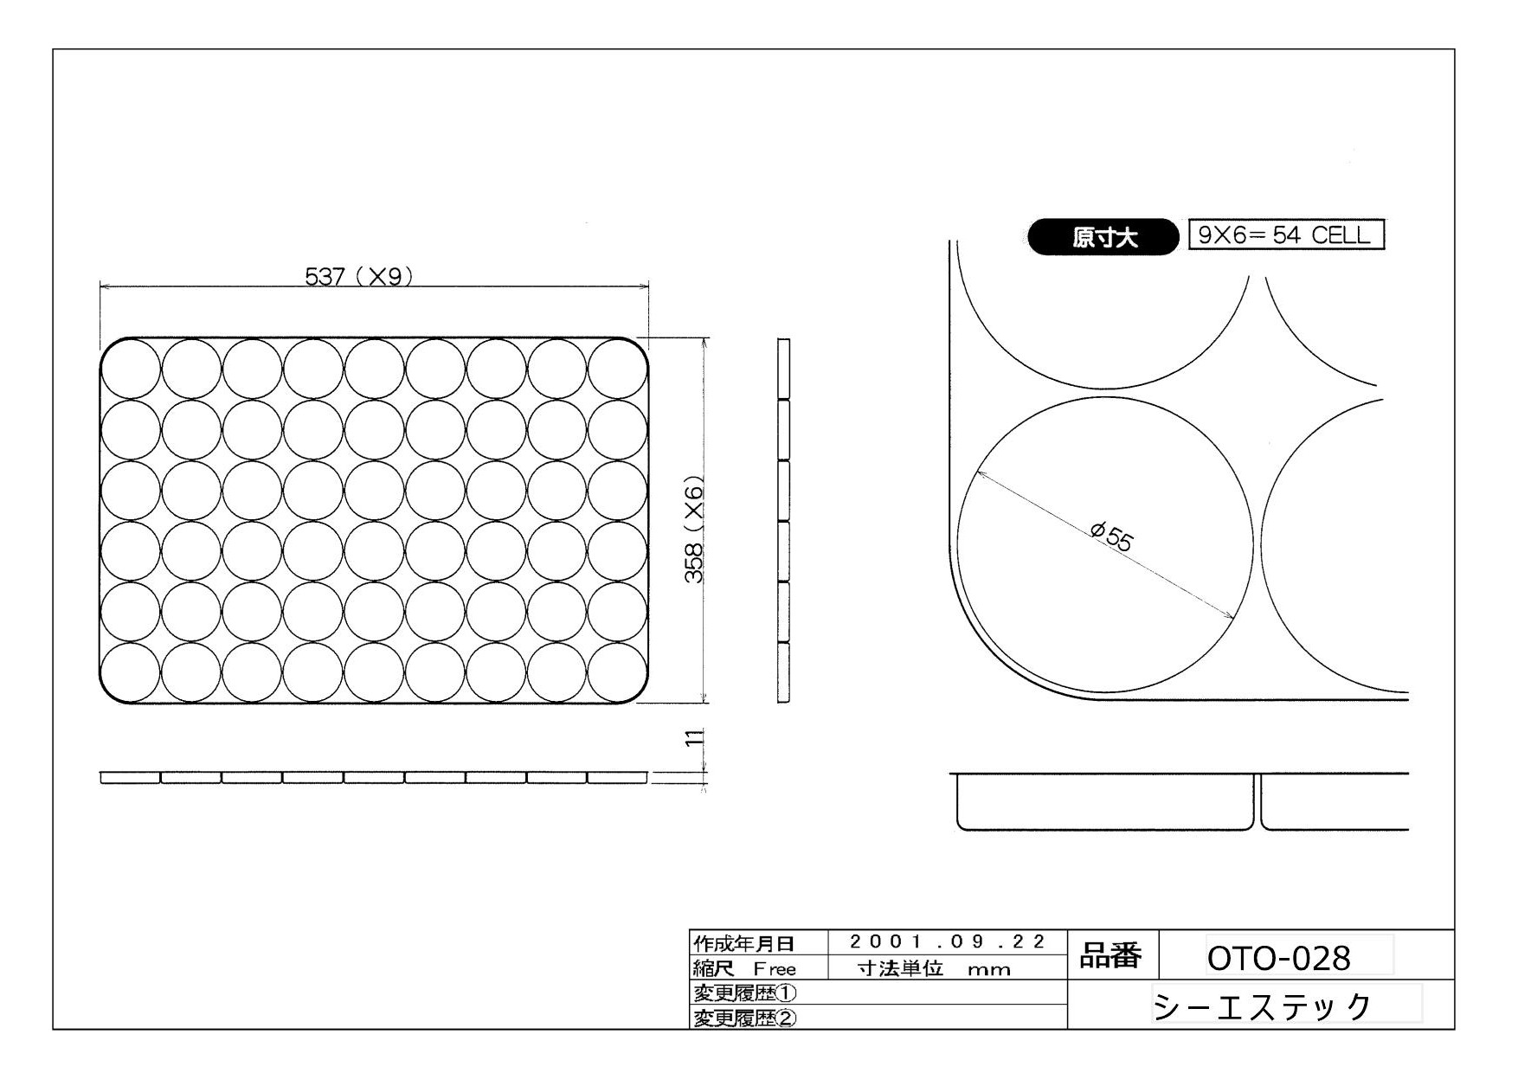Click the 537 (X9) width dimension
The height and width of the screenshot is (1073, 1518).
click(358, 276)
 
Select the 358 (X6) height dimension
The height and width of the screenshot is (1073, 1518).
click(694, 530)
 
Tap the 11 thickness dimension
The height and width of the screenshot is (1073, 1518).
click(693, 738)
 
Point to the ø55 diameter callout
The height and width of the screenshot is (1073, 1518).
click(1111, 537)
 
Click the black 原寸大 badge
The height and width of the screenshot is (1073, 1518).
click(1103, 237)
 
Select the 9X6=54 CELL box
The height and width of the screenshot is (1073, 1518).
click(1286, 235)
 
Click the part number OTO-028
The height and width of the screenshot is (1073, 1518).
click(1278, 958)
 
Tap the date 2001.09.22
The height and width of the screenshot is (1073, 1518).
click(947, 941)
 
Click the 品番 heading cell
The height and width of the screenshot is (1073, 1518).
click(1110, 956)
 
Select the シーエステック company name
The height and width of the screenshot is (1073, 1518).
click(1263, 1006)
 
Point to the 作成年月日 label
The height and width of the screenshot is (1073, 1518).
click(744, 943)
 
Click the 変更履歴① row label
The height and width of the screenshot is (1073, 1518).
click(744, 993)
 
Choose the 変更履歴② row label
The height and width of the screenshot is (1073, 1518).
click(744, 1018)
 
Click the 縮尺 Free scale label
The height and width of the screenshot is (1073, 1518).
click(744, 968)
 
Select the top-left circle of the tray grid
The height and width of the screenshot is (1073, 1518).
click(131, 369)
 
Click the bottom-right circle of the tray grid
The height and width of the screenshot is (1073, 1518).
click(618, 672)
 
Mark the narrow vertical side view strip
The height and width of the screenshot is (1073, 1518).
click(783, 520)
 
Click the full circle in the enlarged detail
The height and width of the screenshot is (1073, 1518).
click(1104, 544)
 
